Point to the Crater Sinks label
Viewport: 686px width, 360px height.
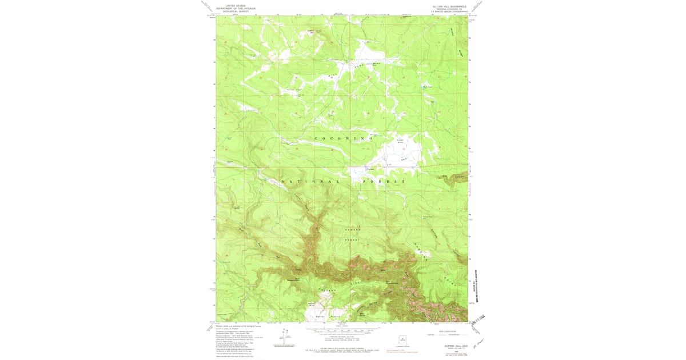(x=400, y=141)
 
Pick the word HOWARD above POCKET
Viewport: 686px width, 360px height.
(x=353, y=229)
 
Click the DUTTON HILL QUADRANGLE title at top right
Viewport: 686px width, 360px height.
(x=449, y=6)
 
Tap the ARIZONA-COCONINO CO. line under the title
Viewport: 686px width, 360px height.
(x=449, y=9)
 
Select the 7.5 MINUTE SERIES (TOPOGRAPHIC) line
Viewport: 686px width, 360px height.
(x=449, y=12)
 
